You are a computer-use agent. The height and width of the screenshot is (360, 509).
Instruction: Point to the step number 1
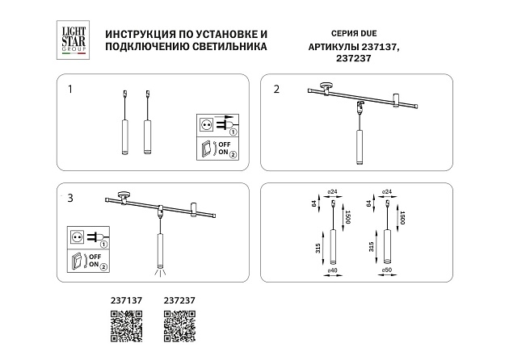pyautogui.click(x=70, y=89)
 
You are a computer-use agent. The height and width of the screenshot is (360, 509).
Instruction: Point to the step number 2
pyautogui.click(x=276, y=89)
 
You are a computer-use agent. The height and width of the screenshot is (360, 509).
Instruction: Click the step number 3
pyautogui.click(x=70, y=197)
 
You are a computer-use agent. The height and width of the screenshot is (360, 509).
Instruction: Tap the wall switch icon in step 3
pyautogui.click(x=78, y=260)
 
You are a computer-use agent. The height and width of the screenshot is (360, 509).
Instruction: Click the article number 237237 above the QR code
pyautogui.click(x=180, y=301)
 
